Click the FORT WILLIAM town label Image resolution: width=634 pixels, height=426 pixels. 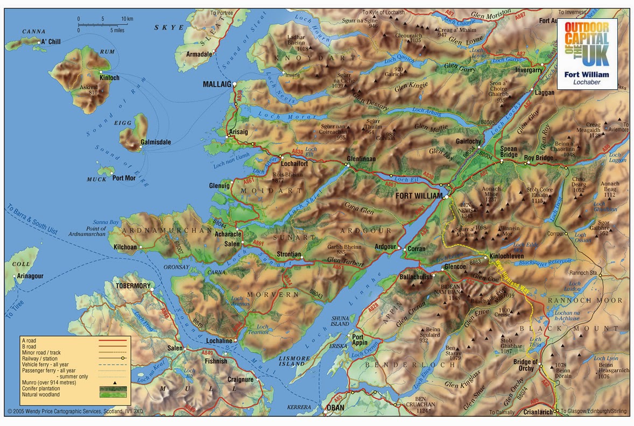[x=419, y=196]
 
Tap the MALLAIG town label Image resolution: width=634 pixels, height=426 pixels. [x=216, y=84]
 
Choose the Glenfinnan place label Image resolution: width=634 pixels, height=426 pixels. [x=361, y=159]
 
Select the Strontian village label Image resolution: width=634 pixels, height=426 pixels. [x=288, y=254]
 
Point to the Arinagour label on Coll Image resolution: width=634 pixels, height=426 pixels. [x=30, y=276]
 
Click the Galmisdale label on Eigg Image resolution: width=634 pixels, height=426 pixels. [x=156, y=142]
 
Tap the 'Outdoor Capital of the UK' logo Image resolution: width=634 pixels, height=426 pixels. [x=587, y=53]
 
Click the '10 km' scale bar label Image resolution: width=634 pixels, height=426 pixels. [x=127, y=19]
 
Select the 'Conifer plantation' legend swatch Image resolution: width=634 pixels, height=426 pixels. [x=112, y=388]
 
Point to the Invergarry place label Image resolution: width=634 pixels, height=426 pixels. [x=529, y=70]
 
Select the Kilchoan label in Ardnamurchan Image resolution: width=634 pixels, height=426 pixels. [x=125, y=247]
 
